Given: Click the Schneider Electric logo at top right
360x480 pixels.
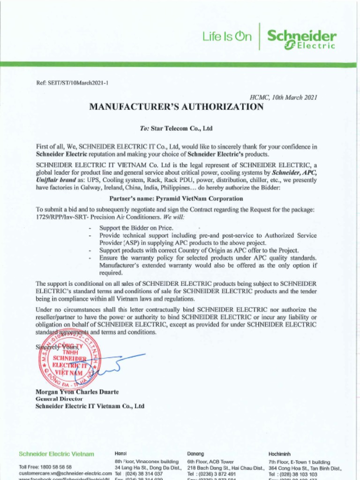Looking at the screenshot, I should pos(301,39).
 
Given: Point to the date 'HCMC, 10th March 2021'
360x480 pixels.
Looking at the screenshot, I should pos(284,97).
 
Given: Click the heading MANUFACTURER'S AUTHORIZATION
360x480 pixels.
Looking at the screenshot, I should pos(176,107).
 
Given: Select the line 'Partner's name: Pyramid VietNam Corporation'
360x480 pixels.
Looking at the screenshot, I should pos(176,198).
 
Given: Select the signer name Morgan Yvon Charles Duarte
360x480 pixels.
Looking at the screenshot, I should pos(77,392).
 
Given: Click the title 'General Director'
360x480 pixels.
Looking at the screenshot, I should pos(59,399).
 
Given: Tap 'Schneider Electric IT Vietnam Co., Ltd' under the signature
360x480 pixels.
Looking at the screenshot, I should pos(90,406).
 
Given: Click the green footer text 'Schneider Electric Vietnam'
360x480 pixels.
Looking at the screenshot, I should pos(56,454).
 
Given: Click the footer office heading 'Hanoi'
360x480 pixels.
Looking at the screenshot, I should pos(120,454).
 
